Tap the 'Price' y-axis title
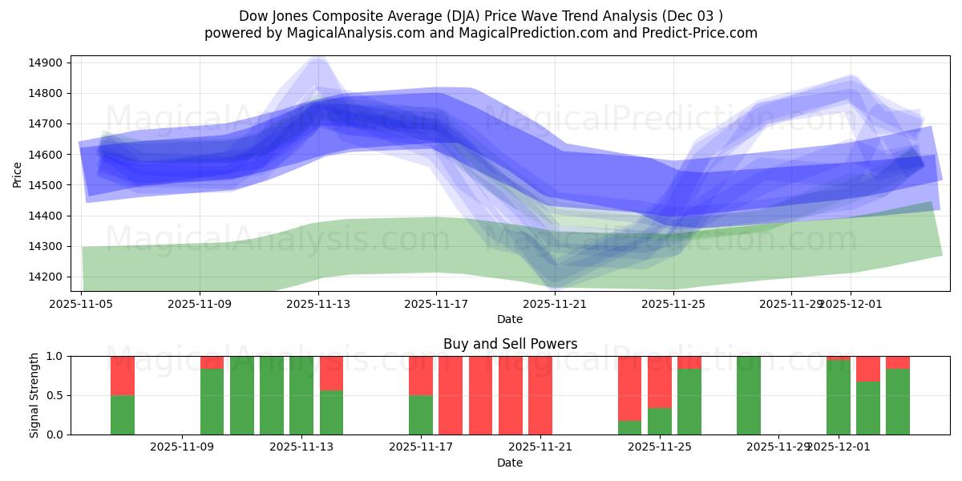tap(18, 174)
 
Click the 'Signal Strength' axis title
tap(34, 395)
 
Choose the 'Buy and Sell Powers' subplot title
tap(510, 344)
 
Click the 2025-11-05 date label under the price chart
tap(82, 304)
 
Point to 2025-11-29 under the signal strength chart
tap(778, 447)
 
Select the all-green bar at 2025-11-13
tap(301, 395)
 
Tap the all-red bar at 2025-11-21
tap(540, 395)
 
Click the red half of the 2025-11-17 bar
tap(421, 375)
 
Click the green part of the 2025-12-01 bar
tap(839, 397)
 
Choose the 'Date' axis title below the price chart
tap(510, 319)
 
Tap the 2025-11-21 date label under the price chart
tap(556, 304)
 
